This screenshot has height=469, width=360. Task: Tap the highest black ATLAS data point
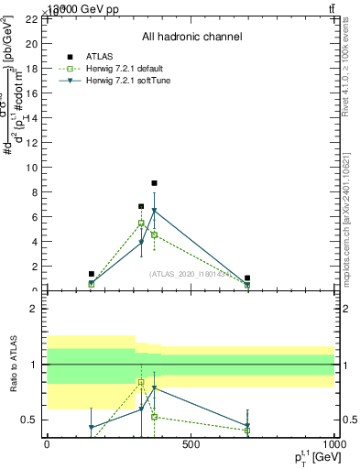[x=154, y=183]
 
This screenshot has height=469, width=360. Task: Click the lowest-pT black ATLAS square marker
[x=92, y=274]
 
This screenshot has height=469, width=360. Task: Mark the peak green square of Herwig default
[x=141, y=223]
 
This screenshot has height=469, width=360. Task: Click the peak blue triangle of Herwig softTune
[x=154, y=211]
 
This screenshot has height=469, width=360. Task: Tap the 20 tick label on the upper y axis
[x=31, y=44]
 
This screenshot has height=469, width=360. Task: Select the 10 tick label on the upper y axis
[x=31, y=168]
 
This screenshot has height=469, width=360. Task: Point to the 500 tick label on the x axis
[x=191, y=446]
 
